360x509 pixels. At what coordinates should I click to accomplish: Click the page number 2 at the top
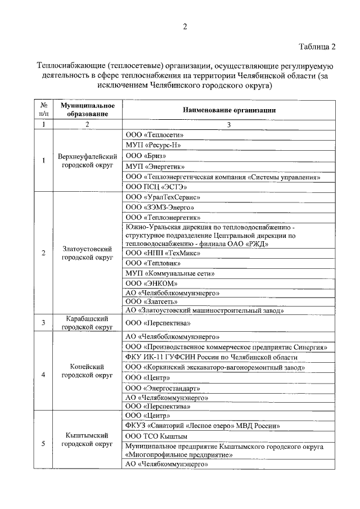pos(184,26)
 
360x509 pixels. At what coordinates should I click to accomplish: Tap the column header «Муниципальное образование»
pos(87,110)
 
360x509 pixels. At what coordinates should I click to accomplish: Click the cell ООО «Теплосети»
pos(155,135)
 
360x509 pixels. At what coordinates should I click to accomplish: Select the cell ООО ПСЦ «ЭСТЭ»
pos(156,186)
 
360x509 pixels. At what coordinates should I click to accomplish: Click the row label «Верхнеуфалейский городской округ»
pos(87,160)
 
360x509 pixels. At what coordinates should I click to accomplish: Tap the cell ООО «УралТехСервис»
pos(163,197)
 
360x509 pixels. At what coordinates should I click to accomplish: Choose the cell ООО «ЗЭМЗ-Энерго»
pos(159,207)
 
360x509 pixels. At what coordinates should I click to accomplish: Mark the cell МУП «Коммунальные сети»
pos(170,273)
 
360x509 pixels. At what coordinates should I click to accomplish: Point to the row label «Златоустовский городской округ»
pos(87,253)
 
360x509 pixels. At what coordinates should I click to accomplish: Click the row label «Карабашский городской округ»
pos(87,323)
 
